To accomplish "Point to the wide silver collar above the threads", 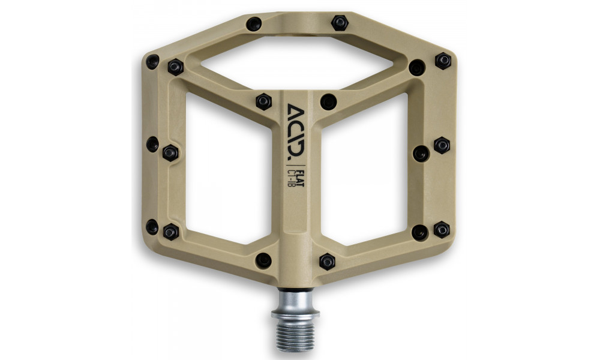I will tap(295, 313).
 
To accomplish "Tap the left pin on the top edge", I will tap(254, 24).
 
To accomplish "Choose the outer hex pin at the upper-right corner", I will tap(443, 61).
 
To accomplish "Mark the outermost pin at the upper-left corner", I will tap(152, 61).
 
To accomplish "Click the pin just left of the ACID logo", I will tap(263, 101).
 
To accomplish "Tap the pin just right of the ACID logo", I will tap(328, 101).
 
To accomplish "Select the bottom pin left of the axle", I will tap(263, 260).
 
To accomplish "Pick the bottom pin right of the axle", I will tap(327, 261).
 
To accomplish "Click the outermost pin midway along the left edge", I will tap(152, 144).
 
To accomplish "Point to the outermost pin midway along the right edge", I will tap(442, 145).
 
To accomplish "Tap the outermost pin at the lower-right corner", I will tap(442, 229).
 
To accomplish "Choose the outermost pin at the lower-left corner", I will tap(152, 227).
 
